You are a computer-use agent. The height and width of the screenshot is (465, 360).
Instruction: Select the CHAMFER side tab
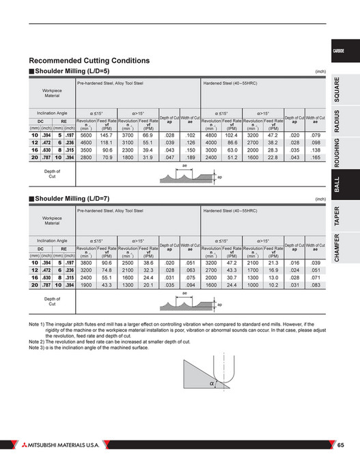pyautogui.click(x=337, y=249)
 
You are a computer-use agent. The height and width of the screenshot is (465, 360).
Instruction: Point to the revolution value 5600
pyautogui.click(x=86, y=136)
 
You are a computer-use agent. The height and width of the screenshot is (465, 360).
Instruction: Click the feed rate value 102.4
pyautogui.click(x=232, y=136)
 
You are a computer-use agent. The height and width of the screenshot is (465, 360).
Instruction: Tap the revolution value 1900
pyautogui.click(x=86, y=285)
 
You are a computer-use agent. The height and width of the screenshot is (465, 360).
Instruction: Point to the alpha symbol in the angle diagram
pyautogui.click(x=212, y=385)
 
